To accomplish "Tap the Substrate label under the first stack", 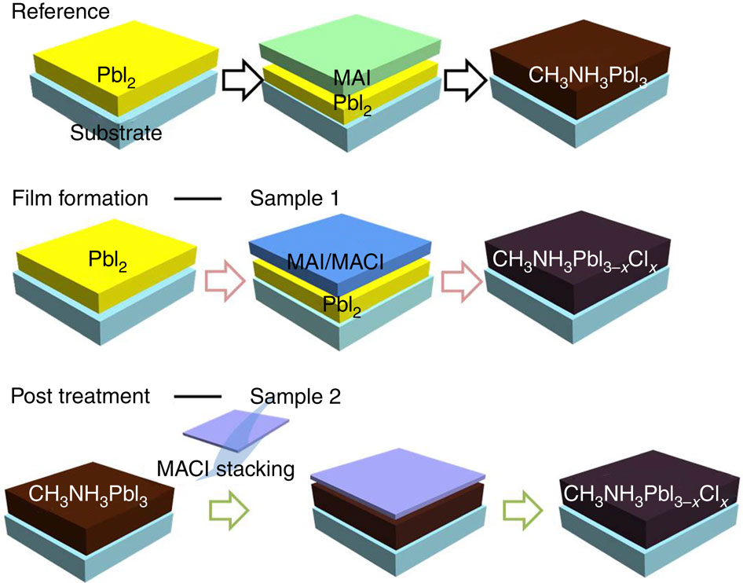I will coord(115,133).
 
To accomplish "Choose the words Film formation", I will coord(79,198).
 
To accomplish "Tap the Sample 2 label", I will coord(295,397).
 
